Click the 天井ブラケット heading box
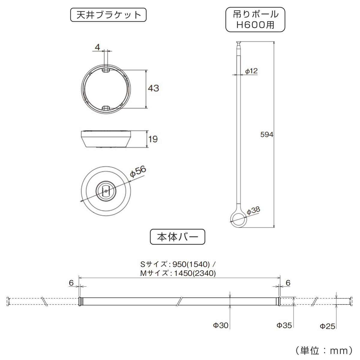(x=108, y=15)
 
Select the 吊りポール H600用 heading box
(x=255, y=19)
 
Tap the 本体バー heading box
(x=177, y=237)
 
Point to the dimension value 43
(x=153, y=88)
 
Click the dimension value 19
(x=153, y=139)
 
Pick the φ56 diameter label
(x=138, y=172)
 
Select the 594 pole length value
(x=266, y=135)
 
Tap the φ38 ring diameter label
(x=253, y=211)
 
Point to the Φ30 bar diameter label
(x=221, y=325)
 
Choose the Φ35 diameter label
(x=284, y=325)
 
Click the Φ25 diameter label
(x=327, y=326)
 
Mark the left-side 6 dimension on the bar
(x=71, y=283)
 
